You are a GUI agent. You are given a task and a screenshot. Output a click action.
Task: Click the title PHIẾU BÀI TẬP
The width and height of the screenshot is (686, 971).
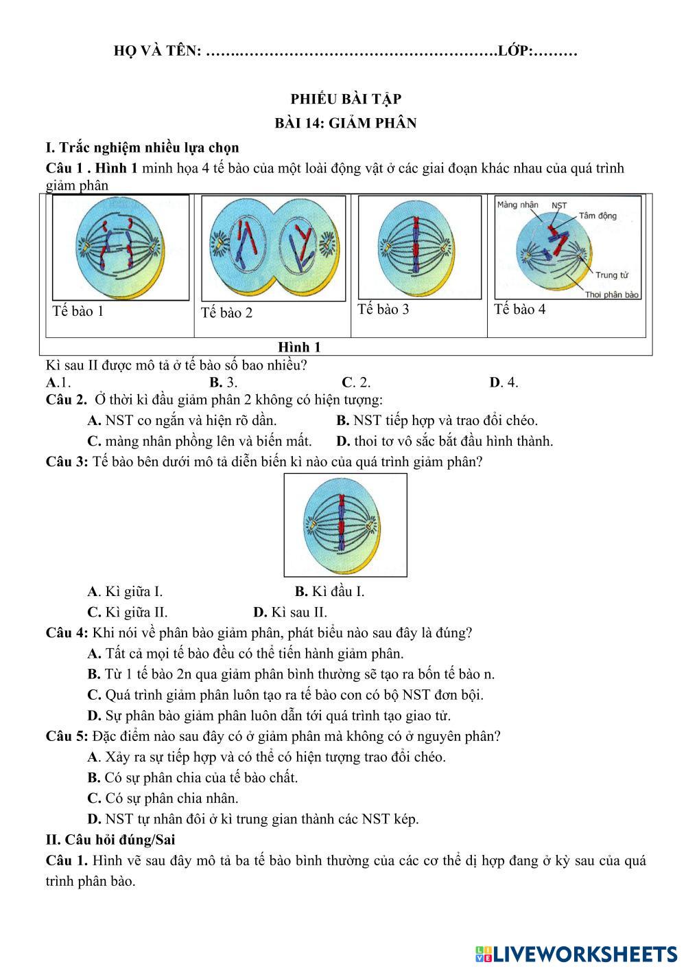tap(345, 99)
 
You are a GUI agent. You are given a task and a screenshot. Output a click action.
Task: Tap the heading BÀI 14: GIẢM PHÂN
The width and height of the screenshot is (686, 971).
tap(345, 123)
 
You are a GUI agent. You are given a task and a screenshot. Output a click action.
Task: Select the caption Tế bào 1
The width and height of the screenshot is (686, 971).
tap(78, 311)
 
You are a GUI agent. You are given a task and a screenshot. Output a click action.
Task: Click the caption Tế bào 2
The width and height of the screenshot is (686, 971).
tap(226, 313)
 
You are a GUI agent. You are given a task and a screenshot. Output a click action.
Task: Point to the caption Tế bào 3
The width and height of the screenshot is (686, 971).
tap(383, 309)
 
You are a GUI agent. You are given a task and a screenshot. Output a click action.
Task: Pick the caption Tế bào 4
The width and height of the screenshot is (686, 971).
tap(520, 309)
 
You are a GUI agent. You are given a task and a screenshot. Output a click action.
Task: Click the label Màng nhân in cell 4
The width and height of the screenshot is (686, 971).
tap(517, 205)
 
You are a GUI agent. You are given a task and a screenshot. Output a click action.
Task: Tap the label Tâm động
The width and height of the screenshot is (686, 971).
tap(598, 216)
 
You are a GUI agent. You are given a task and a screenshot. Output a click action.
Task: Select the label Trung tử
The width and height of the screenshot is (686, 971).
tap(612, 275)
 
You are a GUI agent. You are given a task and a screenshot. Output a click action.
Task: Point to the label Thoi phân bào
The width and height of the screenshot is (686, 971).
tap(612, 295)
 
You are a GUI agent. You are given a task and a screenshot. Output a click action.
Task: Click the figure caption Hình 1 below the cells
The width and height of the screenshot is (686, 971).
tap(299, 347)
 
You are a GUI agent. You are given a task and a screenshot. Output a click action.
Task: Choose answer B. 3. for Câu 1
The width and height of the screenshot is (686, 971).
tap(224, 382)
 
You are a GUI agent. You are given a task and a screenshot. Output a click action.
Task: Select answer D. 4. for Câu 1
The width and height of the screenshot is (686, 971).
tap(504, 382)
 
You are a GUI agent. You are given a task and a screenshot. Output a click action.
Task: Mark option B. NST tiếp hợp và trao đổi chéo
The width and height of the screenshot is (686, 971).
tap(437, 420)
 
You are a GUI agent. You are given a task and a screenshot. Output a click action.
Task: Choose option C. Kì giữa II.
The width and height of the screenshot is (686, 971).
tap(128, 612)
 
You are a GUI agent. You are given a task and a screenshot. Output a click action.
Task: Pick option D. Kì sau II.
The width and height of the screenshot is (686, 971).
tap(290, 612)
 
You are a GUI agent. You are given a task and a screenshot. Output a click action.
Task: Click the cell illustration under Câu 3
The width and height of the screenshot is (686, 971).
tap(345, 525)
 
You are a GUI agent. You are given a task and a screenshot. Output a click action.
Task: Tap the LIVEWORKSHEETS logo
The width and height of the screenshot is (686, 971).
tap(576, 954)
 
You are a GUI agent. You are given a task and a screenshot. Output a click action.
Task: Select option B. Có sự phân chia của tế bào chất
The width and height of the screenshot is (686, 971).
tap(193, 777)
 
